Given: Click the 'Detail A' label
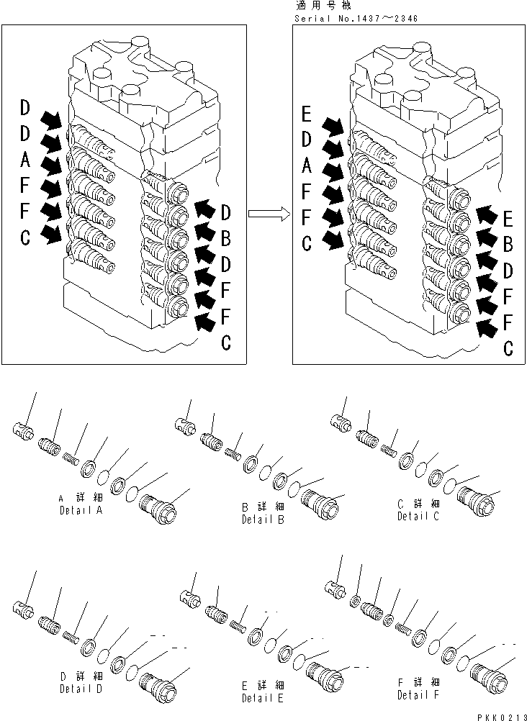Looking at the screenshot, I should [x=81, y=510].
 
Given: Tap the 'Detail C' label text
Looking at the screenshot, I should [x=418, y=516].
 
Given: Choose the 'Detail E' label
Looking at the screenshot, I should [x=263, y=697].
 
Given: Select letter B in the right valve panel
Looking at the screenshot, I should [x=508, y=245].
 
